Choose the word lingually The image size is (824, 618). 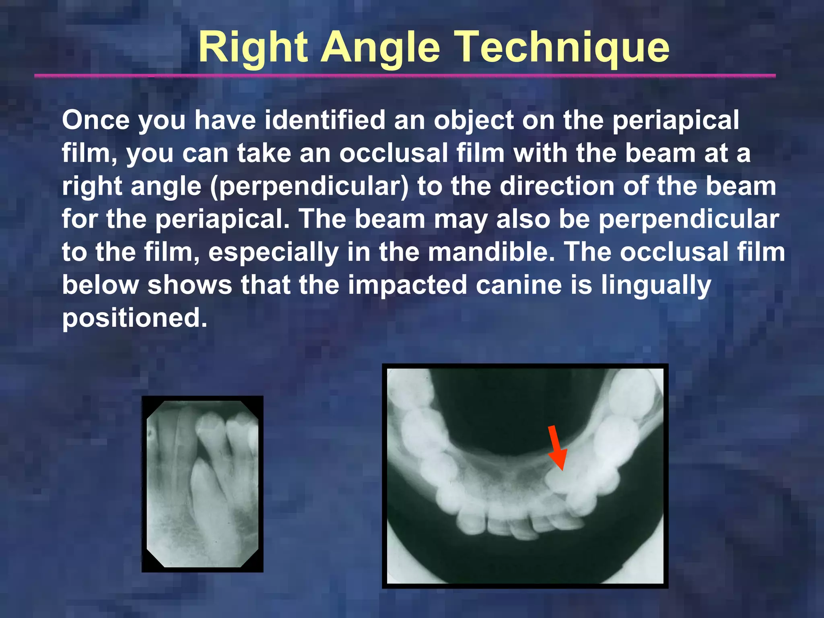tap(656, 285)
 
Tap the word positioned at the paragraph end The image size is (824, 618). tap(134, 318)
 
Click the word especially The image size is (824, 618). tap(273, 252)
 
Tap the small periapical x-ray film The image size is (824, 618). tap(202, 484)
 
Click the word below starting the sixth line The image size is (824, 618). tap(100, 285)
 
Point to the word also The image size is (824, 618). tap(523, 219)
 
